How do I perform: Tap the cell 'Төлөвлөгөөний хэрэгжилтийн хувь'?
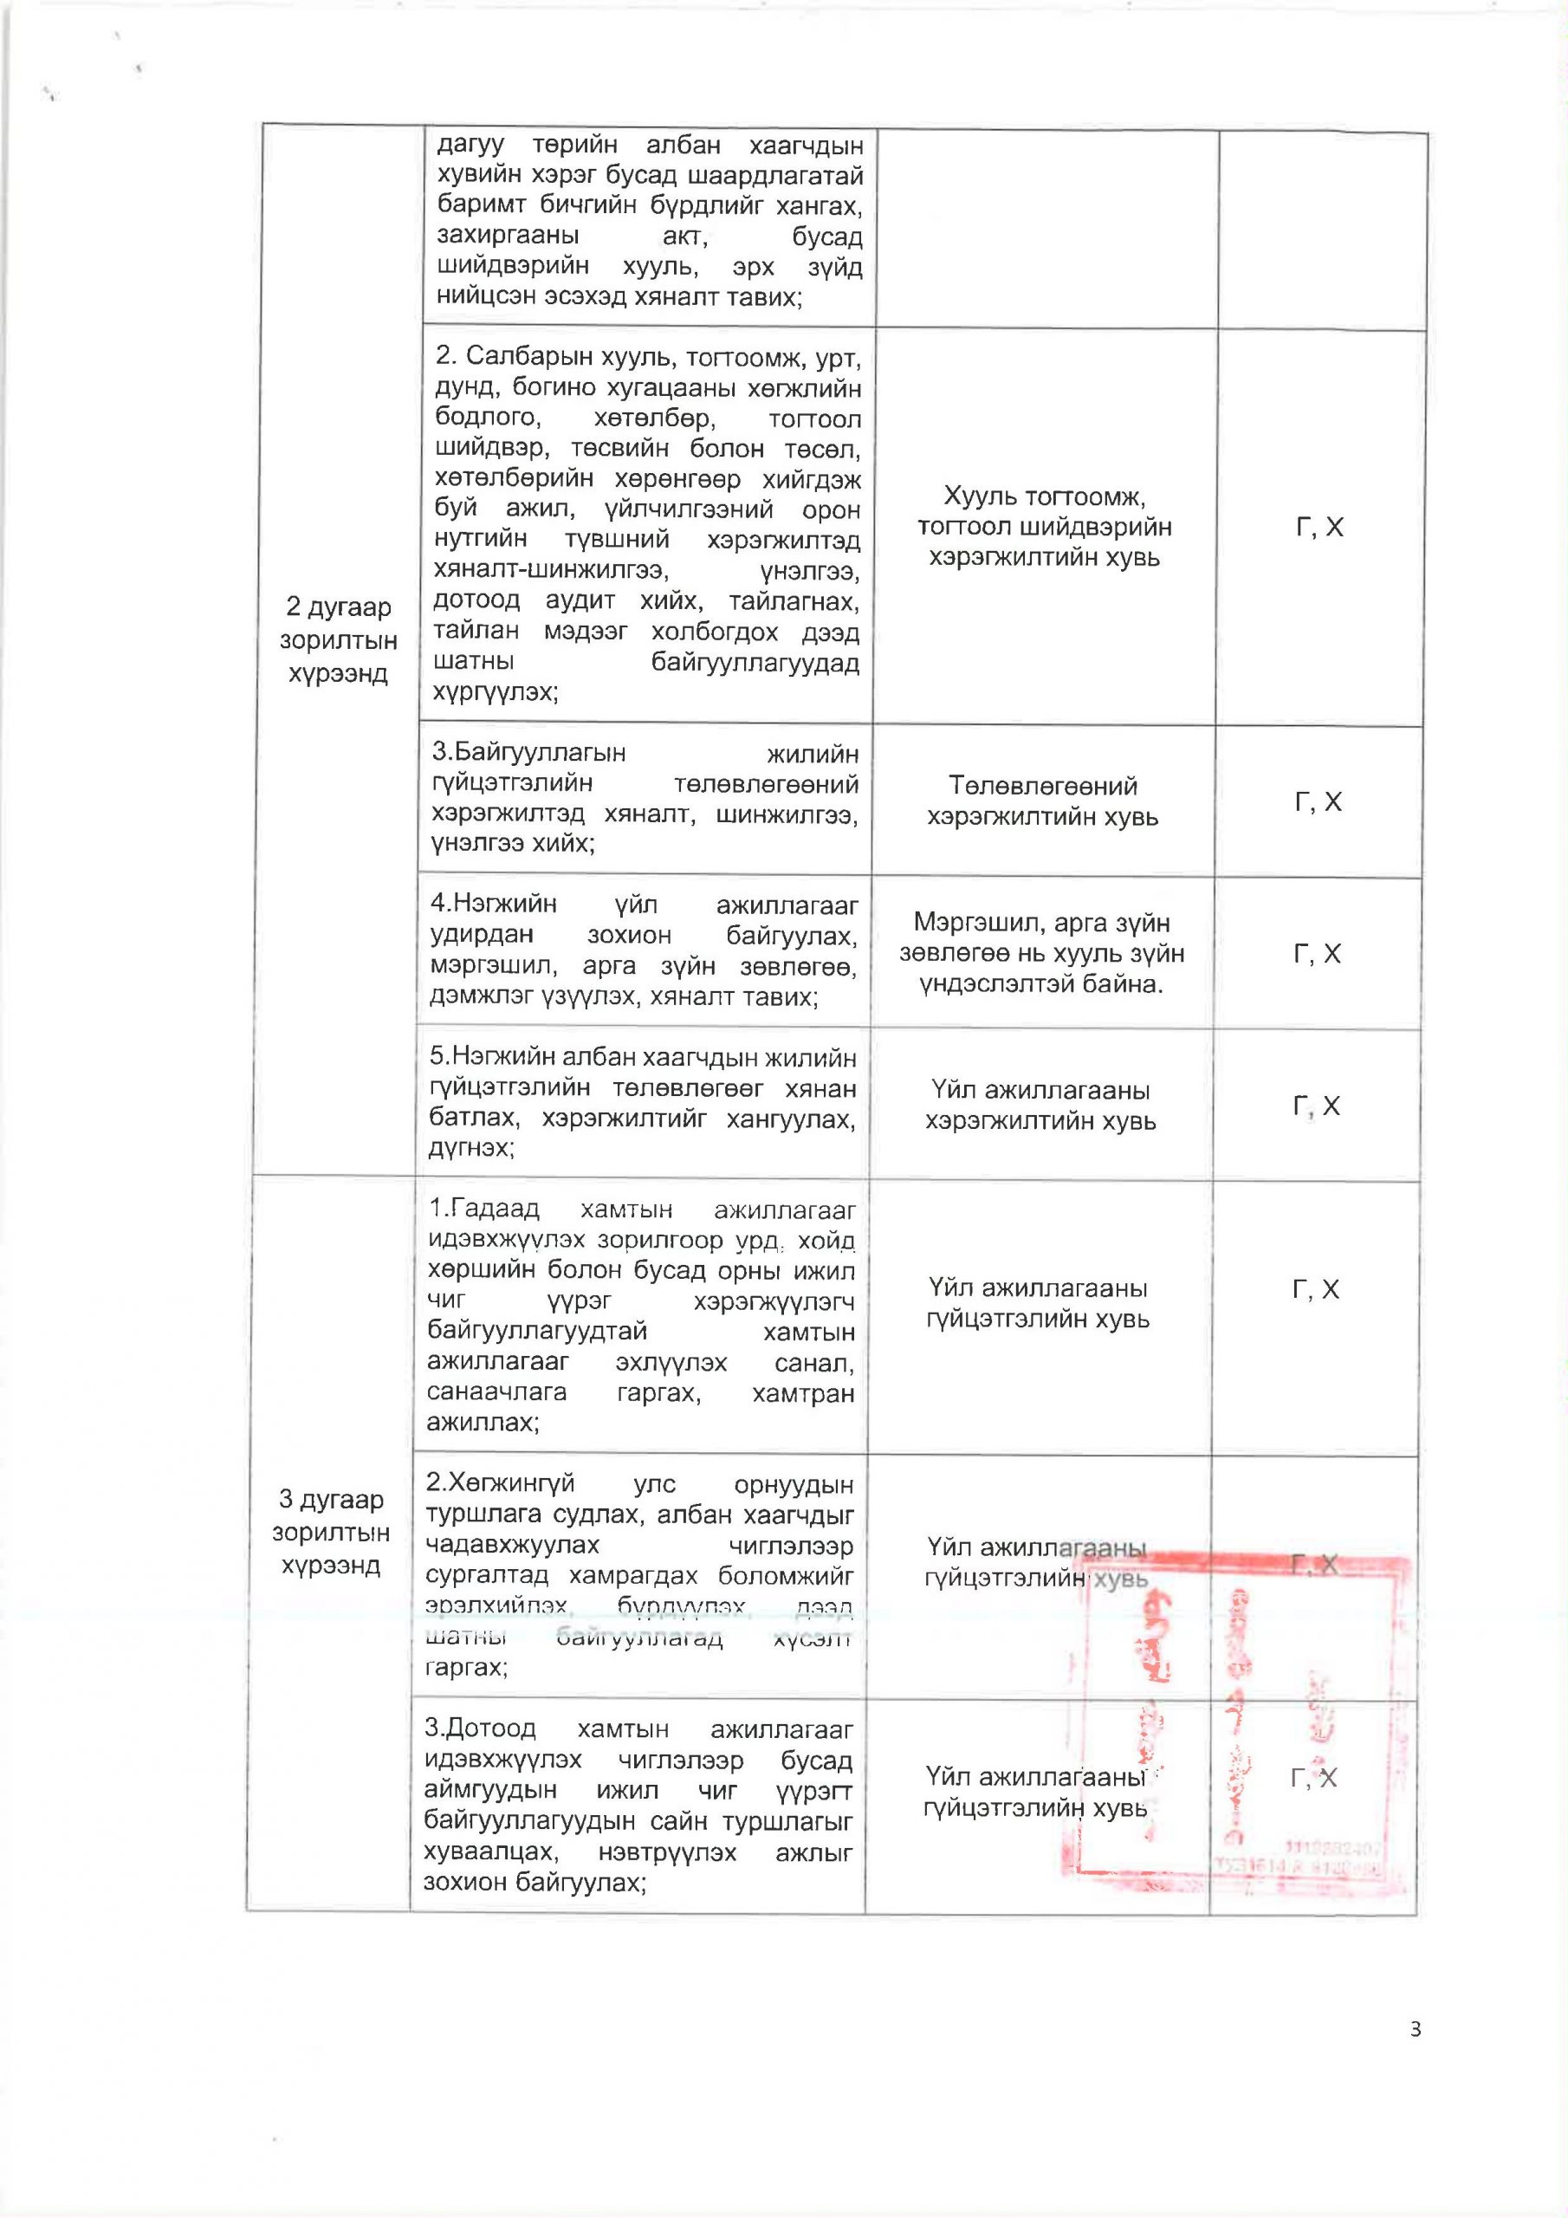tap(1042, 801)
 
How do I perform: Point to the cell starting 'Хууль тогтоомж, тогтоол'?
tap(1045, 527)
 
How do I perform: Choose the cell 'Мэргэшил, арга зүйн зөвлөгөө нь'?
tap(1041, 953)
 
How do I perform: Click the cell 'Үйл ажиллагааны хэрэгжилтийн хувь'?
tap(1040, 1106)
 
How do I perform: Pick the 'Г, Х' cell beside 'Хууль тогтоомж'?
tap(1319, 527)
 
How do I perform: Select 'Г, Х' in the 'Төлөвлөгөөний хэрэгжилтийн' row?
tap(1318, 801)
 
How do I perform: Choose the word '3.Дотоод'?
tap(480, 1728)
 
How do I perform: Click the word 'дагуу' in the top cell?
tap(470, 145)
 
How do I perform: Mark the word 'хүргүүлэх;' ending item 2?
tap(495, 691)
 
